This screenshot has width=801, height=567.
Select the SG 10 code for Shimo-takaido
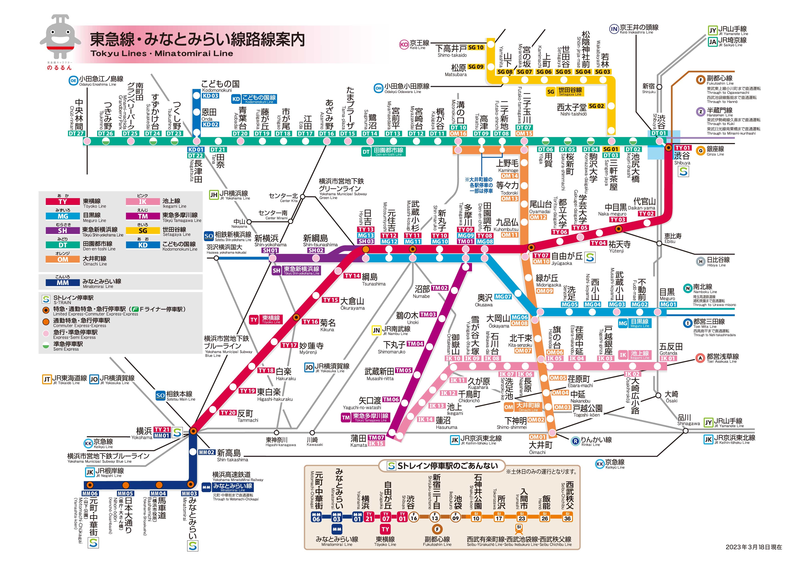pos(476,47)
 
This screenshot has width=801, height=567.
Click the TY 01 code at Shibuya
pos(683,148)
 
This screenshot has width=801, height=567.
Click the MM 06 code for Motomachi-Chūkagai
pos(90,493)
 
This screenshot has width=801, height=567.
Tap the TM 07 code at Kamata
pos(376,437)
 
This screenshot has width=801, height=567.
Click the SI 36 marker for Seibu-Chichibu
pos(568,517)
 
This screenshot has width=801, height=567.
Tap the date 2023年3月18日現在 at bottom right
pos(754,547)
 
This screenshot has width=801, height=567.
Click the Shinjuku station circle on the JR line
pos(659,87)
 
